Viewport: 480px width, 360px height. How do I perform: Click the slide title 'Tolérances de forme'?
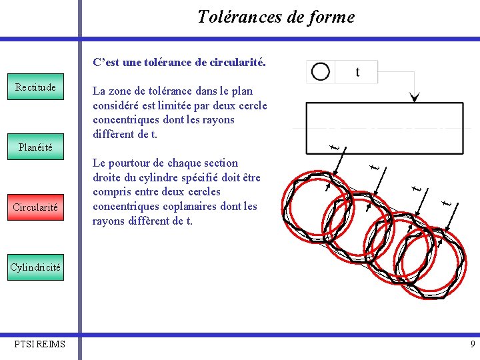[276, 17]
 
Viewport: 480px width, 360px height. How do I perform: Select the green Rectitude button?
[35, 87]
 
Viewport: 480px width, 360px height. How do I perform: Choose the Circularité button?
[35, 207]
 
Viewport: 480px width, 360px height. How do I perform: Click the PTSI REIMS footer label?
[40, 344]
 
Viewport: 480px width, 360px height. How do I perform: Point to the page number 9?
[473, 345]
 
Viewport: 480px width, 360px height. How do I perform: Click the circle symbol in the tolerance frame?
[321, 72]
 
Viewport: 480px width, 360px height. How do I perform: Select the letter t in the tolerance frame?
[358, 72]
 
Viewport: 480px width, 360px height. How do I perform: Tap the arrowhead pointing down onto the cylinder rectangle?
[415, 98]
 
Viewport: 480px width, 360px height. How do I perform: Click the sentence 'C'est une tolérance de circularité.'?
[179, 63]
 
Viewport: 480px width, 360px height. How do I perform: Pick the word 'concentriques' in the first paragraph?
[125, 120]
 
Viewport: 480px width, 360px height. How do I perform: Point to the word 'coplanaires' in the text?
[195, 207]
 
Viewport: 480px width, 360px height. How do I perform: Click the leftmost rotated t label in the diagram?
[338, 146]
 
